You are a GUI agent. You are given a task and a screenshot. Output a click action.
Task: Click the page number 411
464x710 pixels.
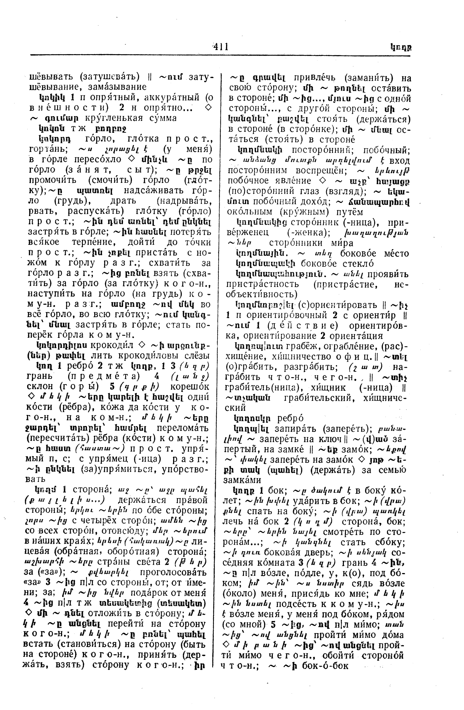(x=220, y=47)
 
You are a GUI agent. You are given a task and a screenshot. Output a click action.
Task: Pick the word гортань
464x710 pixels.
(x=49, y=149)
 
